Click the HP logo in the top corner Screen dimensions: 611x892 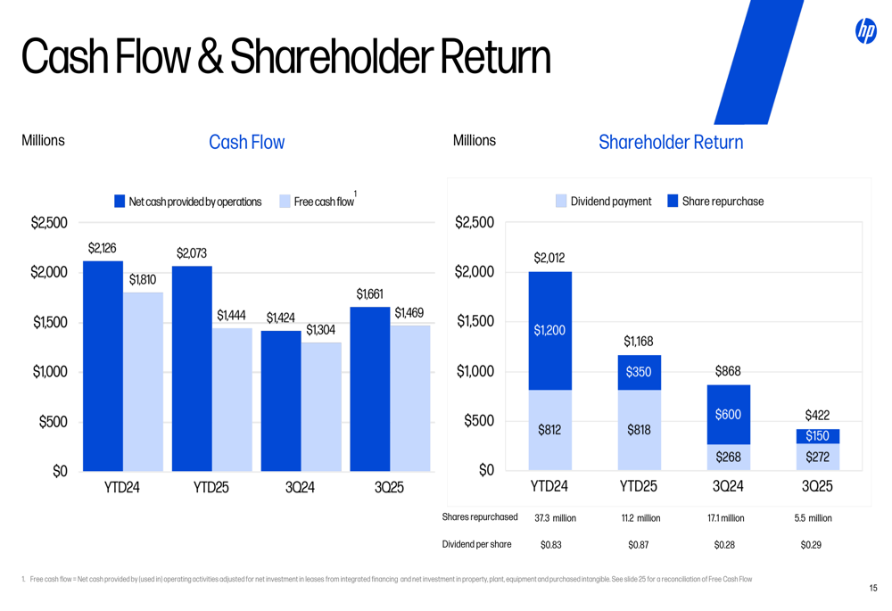coord(865,31)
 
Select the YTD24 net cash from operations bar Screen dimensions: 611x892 coord(103,366)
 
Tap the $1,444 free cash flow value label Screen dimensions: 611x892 coord(231,316)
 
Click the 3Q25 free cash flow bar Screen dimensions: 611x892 coord(410,398)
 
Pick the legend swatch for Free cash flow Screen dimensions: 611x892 coord(285,202)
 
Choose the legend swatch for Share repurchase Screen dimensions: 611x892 coord(673,202)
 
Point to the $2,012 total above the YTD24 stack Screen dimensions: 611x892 coord(549,258)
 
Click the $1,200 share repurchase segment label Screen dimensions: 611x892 coord(549,330)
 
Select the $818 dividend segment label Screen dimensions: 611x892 coord(639,430)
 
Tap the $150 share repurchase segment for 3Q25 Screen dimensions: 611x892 coord(817,436)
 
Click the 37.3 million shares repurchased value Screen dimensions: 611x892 coord(555,518)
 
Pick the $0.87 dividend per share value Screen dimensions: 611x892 coord(639,545)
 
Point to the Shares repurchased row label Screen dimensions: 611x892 coord(480,517)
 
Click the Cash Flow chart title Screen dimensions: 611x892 coord(247,143)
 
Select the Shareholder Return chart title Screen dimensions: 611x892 coord(671,143)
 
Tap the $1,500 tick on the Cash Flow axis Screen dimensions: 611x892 coord(50,322)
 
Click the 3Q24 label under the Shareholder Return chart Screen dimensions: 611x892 coord(728,487)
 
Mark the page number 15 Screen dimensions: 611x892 coord(873,588)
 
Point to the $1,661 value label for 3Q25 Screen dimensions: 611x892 coord(369,294)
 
